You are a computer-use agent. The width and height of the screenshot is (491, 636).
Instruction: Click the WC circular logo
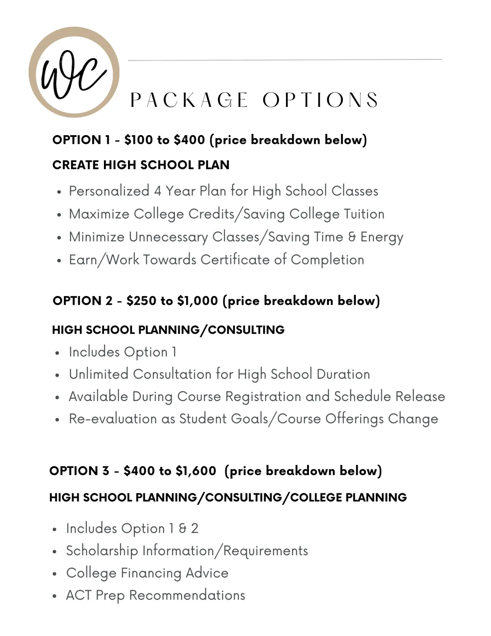click(74, 72)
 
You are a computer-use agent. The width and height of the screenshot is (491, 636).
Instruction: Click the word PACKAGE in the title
click(189, 100)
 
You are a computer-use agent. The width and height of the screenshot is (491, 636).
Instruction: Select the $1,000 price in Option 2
click(198, 301)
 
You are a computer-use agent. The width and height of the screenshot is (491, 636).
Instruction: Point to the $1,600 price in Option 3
click(196, 471)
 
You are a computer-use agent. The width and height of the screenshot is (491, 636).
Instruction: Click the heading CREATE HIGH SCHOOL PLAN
click(141, 165)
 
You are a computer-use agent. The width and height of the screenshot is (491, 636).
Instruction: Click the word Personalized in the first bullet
click(109, 191)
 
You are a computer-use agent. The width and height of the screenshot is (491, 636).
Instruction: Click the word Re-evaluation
click(113, 419)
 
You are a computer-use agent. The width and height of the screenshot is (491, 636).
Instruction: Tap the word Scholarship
click(102, 551)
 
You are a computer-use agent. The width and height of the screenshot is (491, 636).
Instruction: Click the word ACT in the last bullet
click(78, 595)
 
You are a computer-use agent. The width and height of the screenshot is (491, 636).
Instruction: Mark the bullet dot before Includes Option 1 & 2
click(55, 529)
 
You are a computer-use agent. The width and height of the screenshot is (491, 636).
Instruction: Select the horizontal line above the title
click(285, 60)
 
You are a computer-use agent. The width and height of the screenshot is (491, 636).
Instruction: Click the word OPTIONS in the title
click(320, 100)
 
